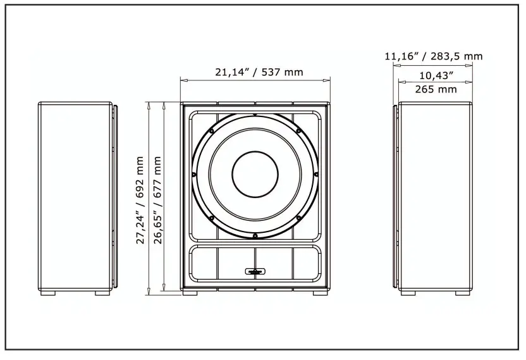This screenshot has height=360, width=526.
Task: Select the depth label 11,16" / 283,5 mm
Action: [433, 56]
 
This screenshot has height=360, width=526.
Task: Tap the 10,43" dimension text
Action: [436, 75]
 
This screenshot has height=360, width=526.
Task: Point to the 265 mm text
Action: [436, 89]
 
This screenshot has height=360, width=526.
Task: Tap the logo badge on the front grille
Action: [255, 272]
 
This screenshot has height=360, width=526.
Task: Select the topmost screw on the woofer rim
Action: [255, 115]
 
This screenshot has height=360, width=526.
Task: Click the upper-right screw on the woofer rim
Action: [298, 131]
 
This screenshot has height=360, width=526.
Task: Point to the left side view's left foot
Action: [49, 294]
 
